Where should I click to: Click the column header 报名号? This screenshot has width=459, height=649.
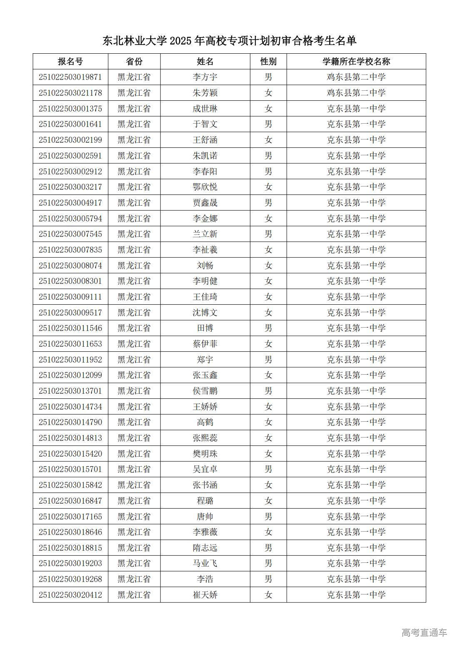pos(70,62)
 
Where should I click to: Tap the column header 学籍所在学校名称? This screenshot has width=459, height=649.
pos(356,62)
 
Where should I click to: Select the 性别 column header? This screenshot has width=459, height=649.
pos(268,62)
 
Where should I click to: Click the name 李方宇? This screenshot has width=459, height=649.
pos(205,77)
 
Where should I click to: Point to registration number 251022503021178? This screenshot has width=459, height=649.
pos(70,93)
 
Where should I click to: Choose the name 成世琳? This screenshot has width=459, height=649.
pos(205,109)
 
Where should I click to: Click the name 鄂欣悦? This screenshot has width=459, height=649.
pos(205,187)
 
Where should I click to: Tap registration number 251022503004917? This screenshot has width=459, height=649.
pos(70,203)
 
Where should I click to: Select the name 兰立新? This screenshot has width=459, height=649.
pos(205,234)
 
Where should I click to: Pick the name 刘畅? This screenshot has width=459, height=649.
pos(205,266)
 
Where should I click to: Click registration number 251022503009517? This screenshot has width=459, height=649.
pos(70,313)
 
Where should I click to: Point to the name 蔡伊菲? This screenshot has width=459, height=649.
pos(205,344)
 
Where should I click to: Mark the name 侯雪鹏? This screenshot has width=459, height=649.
pos(205,391)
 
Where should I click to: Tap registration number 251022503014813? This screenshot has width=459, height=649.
pos(70,438)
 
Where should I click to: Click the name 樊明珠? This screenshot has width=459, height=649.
pos(205,454)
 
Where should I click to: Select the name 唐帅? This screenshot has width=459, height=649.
pos(205,517)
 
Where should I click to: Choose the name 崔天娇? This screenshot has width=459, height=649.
pos(205,595)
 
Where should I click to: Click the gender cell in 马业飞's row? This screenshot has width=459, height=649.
pos(268,563)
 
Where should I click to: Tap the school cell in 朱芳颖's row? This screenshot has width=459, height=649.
pos(356,93)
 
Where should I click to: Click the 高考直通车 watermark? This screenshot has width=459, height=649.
pos(424,633)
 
